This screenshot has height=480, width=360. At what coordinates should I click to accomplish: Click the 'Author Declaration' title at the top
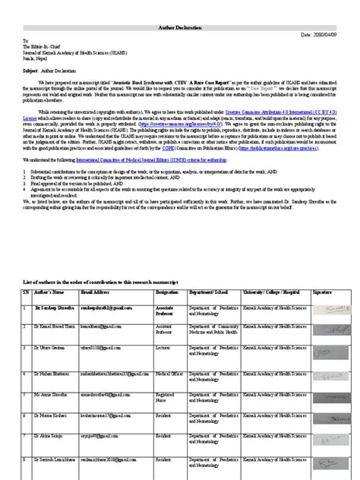180,26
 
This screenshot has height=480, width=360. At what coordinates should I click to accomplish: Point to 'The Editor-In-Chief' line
45,46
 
